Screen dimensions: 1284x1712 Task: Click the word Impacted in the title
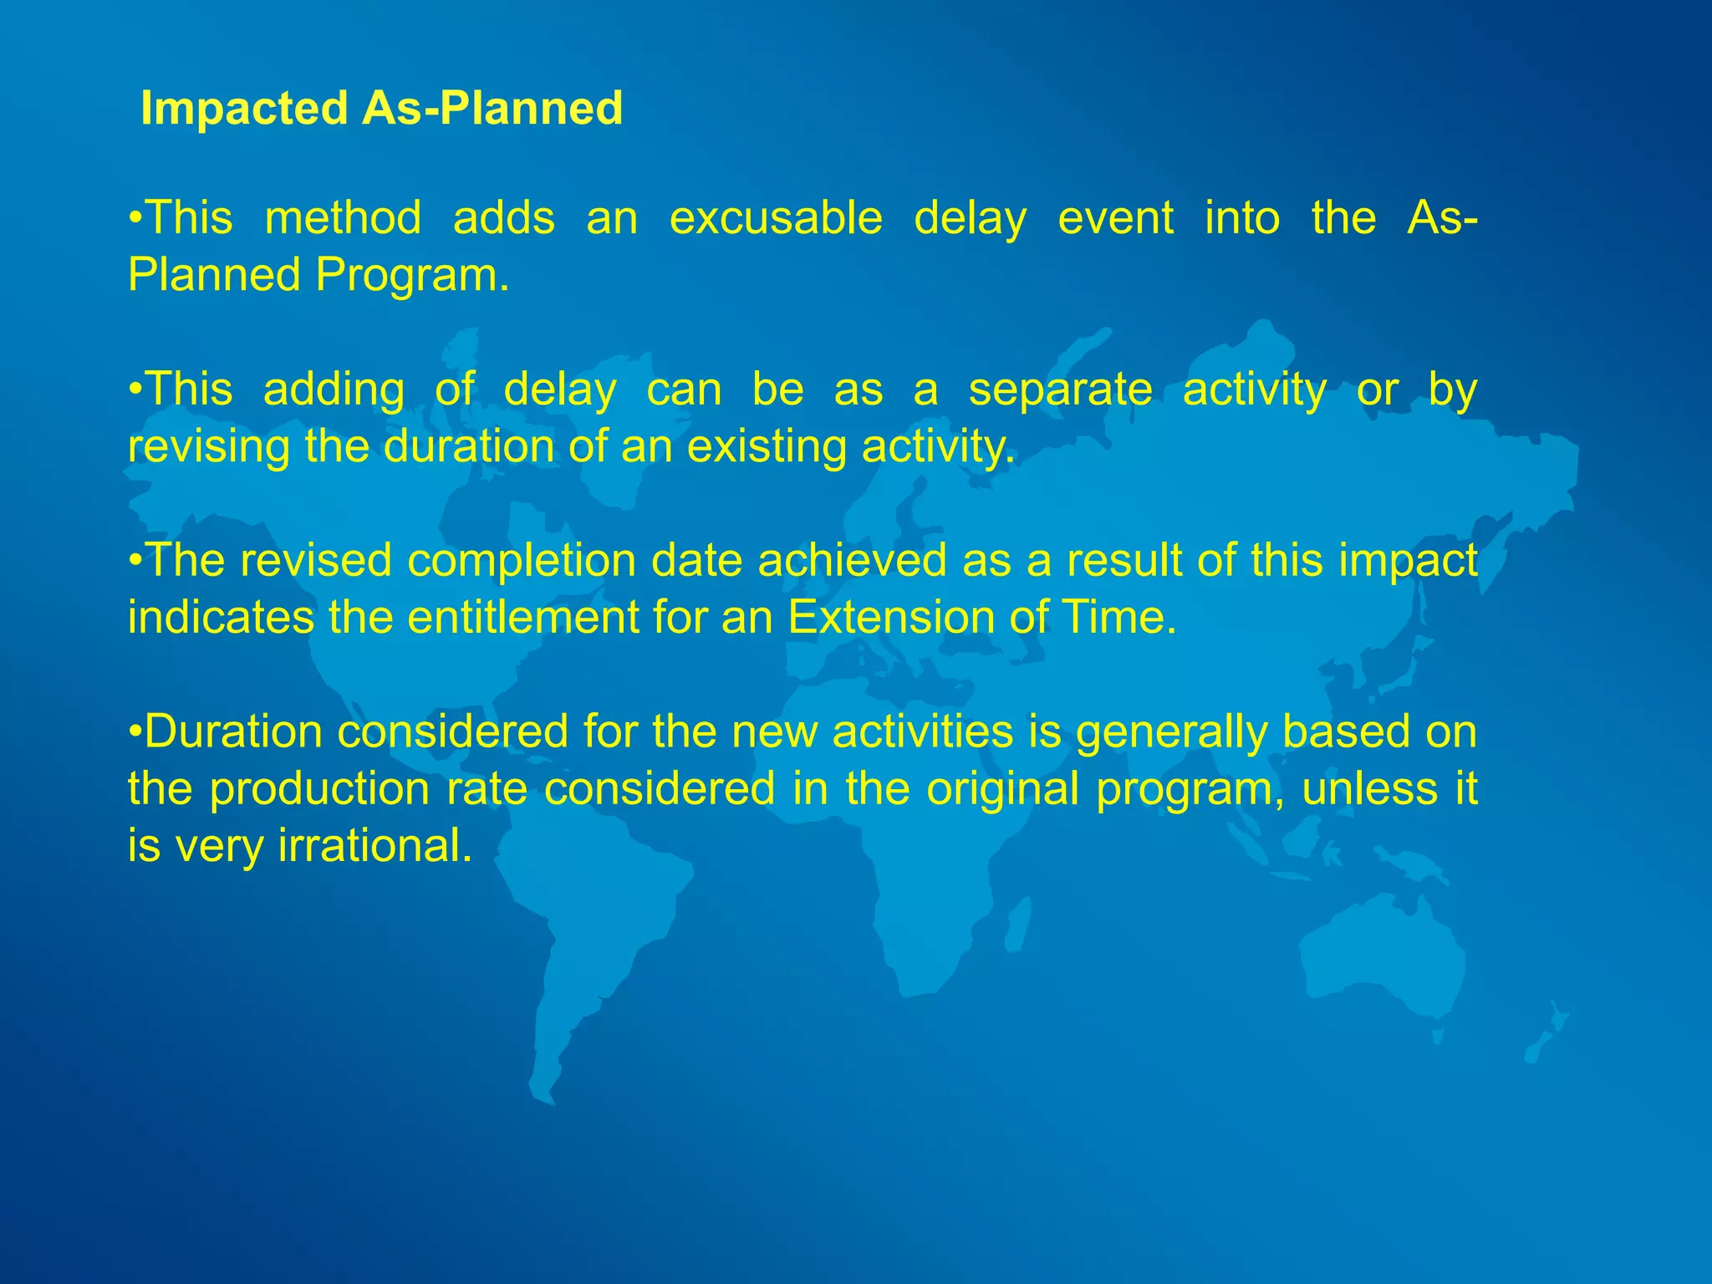[x=244, y=109]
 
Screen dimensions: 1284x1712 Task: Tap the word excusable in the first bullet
[x=776, y=219]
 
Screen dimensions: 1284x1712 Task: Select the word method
[x=343, y=219]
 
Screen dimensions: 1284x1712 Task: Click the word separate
[x=1060, y=390]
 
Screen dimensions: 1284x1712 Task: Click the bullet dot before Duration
[x=135, y=732]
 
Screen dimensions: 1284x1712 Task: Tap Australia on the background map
[x=1379, y=961]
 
